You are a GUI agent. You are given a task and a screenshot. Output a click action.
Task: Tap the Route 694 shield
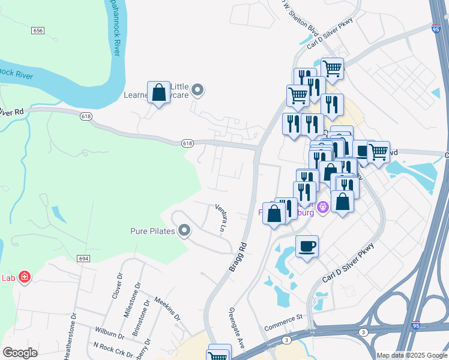[x=83, y=258]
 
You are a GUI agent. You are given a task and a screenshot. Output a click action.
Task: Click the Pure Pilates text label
[x=152, y=231]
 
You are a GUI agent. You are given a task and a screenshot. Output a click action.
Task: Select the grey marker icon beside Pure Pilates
[x=184, y=230]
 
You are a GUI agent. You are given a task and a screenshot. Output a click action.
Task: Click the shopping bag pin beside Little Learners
[x=159, y=93]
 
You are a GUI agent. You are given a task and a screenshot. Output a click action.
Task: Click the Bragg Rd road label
[x=238, y=257]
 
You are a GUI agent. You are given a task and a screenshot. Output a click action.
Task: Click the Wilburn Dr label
[x=109, y=332]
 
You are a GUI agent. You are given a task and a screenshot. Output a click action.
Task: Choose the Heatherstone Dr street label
[x=70, y=335]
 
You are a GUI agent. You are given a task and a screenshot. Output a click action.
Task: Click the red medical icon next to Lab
[x=25, y=277]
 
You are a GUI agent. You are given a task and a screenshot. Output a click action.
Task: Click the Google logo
[x=20, y=353]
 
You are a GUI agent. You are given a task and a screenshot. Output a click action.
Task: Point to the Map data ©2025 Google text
[x=412, y=355]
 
